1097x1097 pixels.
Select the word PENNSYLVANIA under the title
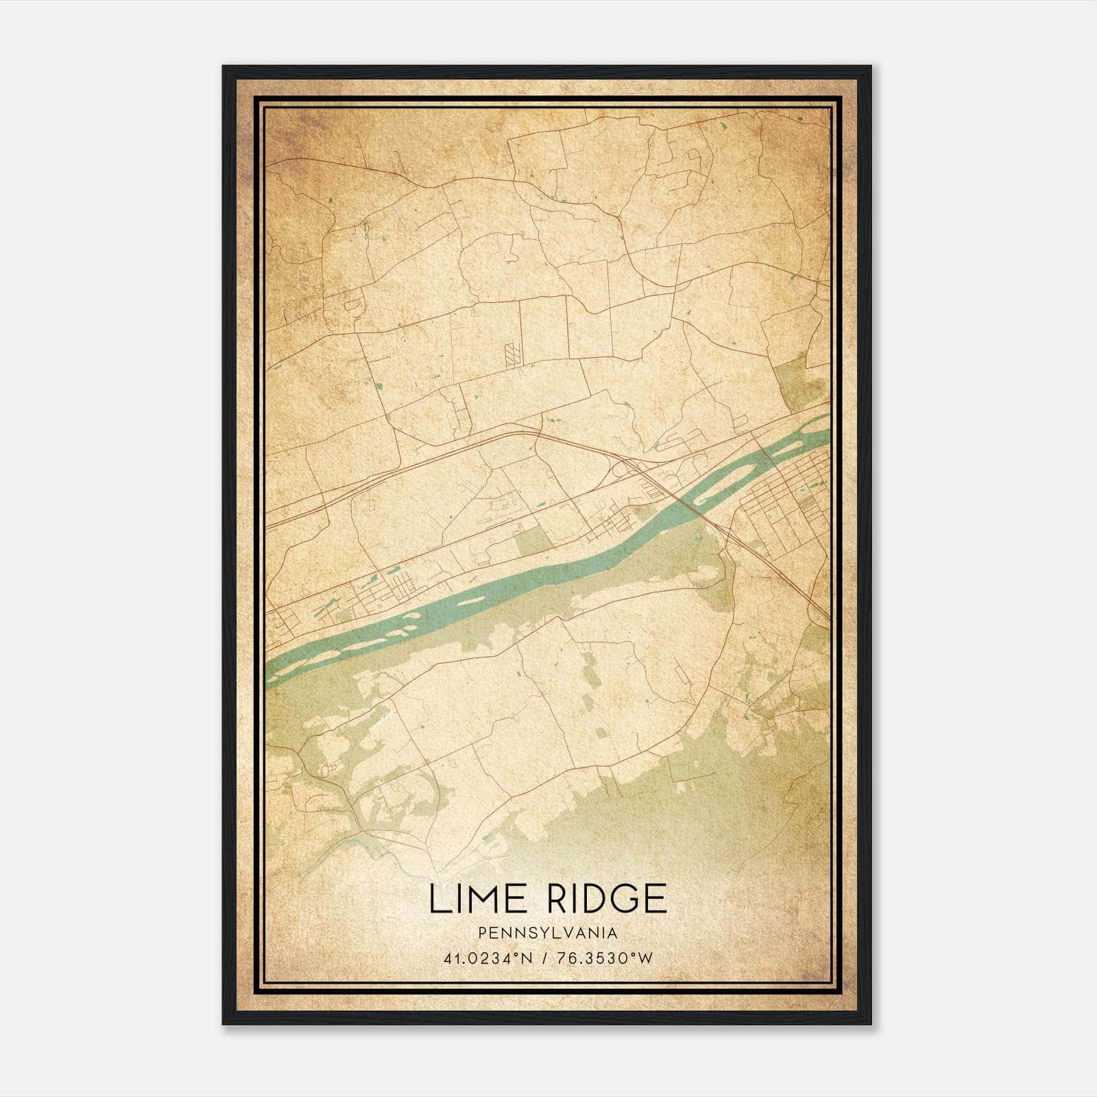tap(548, 933)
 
